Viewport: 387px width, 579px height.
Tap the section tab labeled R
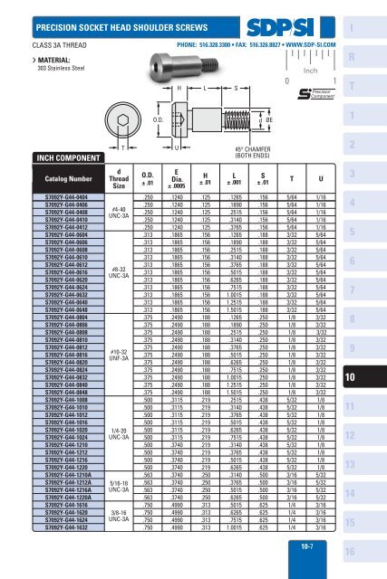click(x=368, y=57)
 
